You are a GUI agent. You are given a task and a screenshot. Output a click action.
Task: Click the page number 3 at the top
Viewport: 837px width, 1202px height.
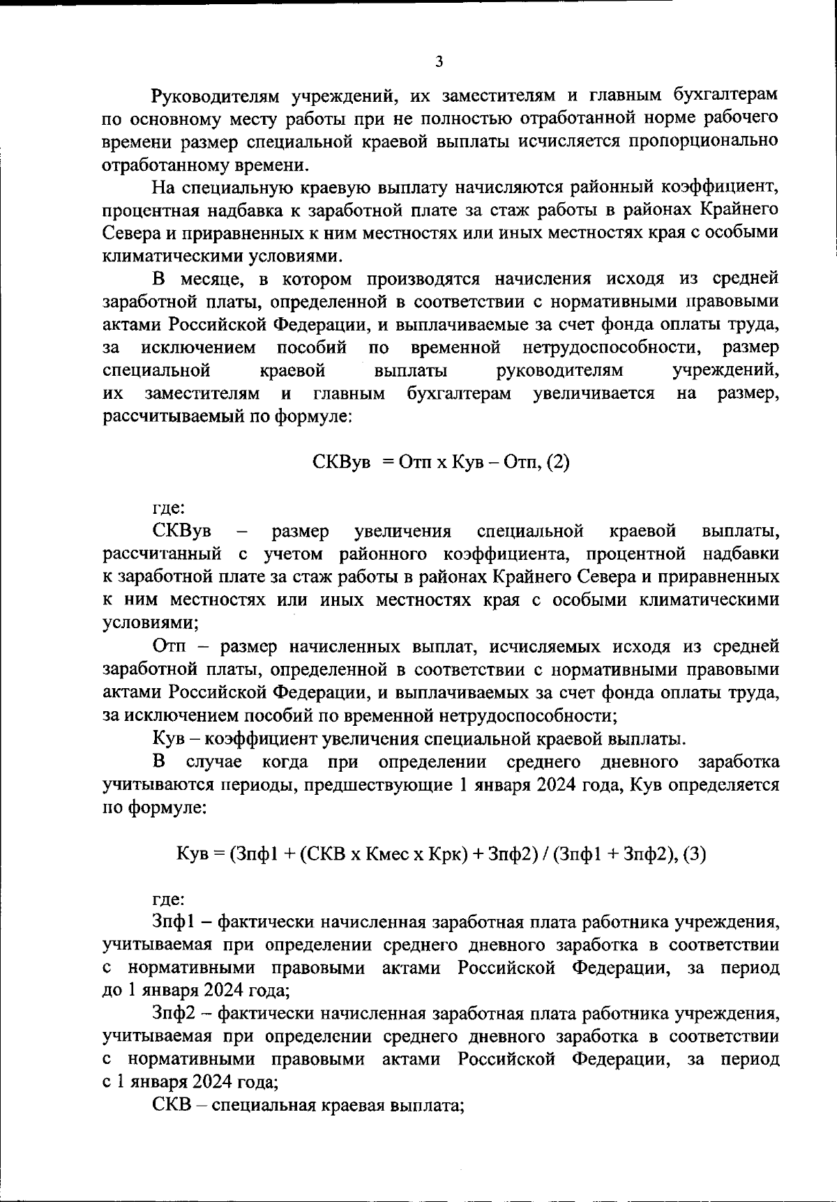click(x=439, y=62)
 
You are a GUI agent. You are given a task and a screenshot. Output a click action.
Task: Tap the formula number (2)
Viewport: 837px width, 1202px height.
click(x=557, y=462)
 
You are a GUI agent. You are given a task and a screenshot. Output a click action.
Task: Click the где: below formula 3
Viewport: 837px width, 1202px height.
click(x=168, y=899)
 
